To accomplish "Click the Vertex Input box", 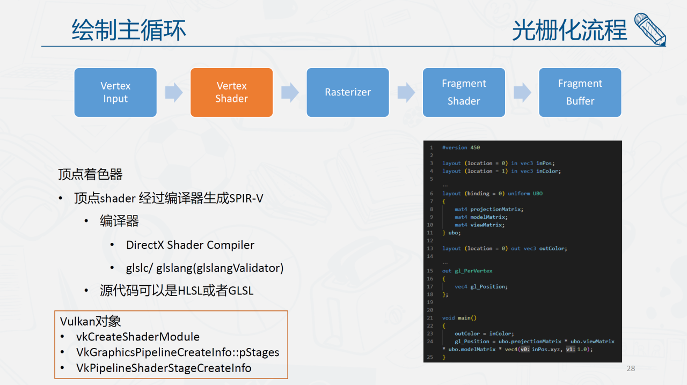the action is tap(115, 92).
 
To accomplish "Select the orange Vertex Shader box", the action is tap(231, 92).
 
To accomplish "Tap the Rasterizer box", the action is tap(348, 92).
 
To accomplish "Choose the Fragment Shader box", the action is tap(464, 92).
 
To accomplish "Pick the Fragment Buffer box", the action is tap(580, 92).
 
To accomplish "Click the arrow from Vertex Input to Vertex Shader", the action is tap(174, 92).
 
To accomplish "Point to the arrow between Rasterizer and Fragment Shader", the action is tap(406, 92).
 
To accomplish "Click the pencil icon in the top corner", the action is tap(650, 29).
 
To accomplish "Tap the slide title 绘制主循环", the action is tap(129, 29).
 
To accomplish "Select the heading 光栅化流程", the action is tap(569, 29).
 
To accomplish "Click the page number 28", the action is tap(631, 368).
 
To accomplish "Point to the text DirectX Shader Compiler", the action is tap(190, 245).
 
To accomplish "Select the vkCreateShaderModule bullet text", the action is tap(138, 337).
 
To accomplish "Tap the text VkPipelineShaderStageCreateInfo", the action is tap(164, 368).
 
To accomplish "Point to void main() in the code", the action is tap(459, 318).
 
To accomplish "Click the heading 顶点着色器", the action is tap(90, 174).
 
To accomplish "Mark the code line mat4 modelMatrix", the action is tap(481, 217).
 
